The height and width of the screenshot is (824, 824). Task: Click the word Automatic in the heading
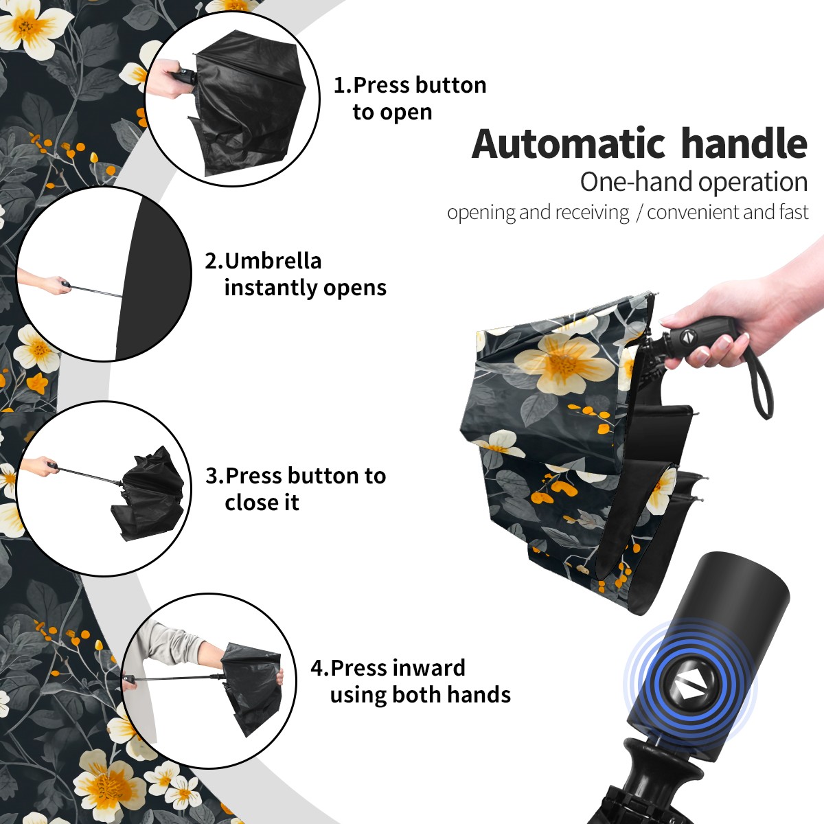click(569, 144)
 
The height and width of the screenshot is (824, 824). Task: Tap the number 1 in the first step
click(339, 86)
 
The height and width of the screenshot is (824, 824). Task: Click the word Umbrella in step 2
click(273, 261)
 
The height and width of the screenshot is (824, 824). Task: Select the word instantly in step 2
click(271, 288)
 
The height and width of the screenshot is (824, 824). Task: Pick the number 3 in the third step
click(211, 476)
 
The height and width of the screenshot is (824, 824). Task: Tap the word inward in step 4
click(429, 668)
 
